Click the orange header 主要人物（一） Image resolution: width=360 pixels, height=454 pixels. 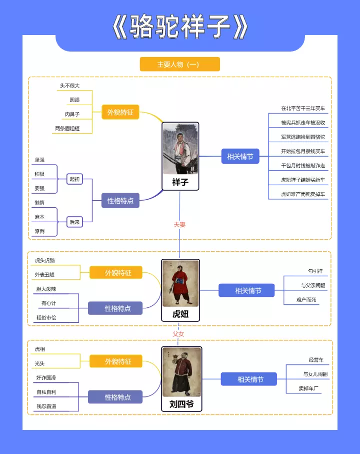(x=179, y=65)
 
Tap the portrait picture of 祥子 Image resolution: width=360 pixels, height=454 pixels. (x=180, y=149)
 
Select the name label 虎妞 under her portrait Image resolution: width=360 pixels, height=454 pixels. (x=180, y=314)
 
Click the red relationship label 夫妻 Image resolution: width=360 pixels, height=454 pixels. (x=179, y=225)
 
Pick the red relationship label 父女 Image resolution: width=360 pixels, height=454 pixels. (x=178, y=333)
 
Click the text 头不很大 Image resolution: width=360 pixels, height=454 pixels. (x=69, y=86)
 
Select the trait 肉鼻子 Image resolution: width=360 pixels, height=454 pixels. (x=72, y=114)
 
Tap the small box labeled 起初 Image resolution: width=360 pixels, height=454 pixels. (x=74, y=179)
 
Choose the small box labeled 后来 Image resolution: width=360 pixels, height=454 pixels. (x=74, y=222)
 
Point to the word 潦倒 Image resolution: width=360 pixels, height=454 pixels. (x=39, y=231)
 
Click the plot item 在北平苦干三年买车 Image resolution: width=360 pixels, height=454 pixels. (x=303, y=108)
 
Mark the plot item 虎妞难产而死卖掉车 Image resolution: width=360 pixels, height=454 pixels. (x=303, y=194)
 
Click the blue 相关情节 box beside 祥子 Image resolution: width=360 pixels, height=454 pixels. (x=240, y=157)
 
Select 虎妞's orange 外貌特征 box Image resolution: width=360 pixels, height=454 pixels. (x=118, y=273)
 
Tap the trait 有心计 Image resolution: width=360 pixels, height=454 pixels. (x=49, y=303)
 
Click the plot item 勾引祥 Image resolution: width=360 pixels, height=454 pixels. (x=315, y=271)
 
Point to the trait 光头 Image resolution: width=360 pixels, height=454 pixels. (x=39, y=363)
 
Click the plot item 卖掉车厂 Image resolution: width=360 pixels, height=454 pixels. (x=309, y=388)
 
